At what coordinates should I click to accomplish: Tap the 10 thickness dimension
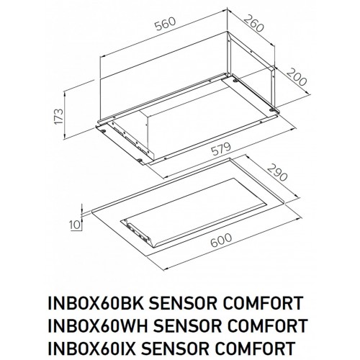(75, 224)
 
